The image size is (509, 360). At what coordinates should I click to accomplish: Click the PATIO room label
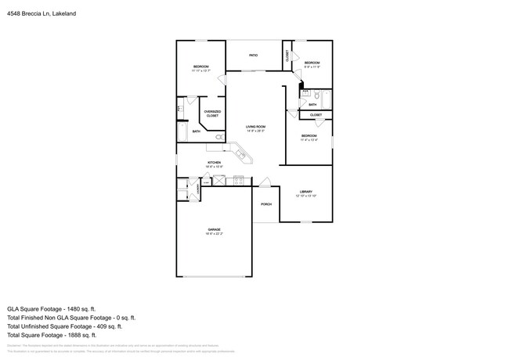[254, 56]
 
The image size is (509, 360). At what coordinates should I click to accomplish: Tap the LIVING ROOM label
[255, 127]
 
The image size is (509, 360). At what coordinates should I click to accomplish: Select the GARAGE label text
[214, 229]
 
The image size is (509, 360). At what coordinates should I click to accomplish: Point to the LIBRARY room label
[305, 192]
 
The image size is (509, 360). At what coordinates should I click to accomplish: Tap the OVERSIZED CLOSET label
[212, 113]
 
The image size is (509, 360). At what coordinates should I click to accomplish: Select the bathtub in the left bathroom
[182, 131]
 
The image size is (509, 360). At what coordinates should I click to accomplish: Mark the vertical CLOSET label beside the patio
[287, 56]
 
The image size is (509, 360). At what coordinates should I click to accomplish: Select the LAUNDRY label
[198, 188]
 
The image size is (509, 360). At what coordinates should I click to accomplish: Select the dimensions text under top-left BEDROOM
[201, 71]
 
